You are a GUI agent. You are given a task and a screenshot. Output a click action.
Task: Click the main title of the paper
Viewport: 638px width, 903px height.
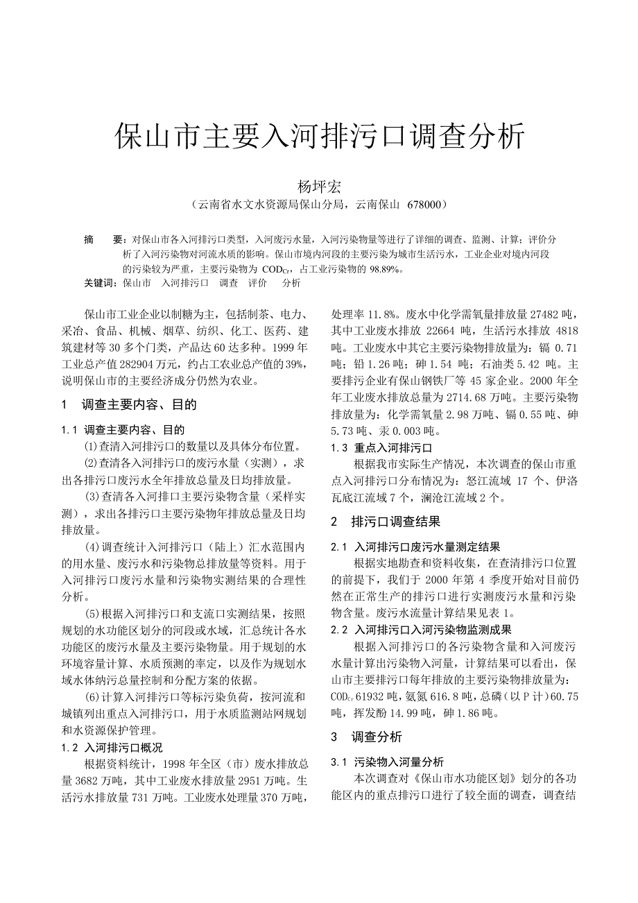(319, 137)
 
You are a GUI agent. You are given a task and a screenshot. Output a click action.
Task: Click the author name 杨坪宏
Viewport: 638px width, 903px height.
(318, 187)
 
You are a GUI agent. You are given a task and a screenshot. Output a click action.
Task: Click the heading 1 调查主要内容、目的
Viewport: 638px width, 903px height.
(130, 405)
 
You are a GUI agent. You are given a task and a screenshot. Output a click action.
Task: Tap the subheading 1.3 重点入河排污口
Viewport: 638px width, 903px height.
(382, 448)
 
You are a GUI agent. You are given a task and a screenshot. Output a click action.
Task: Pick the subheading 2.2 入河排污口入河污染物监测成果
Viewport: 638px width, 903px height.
(422, 630)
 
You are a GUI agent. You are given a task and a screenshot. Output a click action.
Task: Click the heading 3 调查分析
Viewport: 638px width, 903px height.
(367, 737)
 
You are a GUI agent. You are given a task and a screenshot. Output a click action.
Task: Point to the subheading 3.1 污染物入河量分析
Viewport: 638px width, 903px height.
(388, 762)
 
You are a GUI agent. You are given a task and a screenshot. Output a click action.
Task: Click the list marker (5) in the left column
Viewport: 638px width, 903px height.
(93, 613)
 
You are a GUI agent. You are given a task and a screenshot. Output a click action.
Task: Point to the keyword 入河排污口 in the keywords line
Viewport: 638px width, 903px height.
(185, 284)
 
